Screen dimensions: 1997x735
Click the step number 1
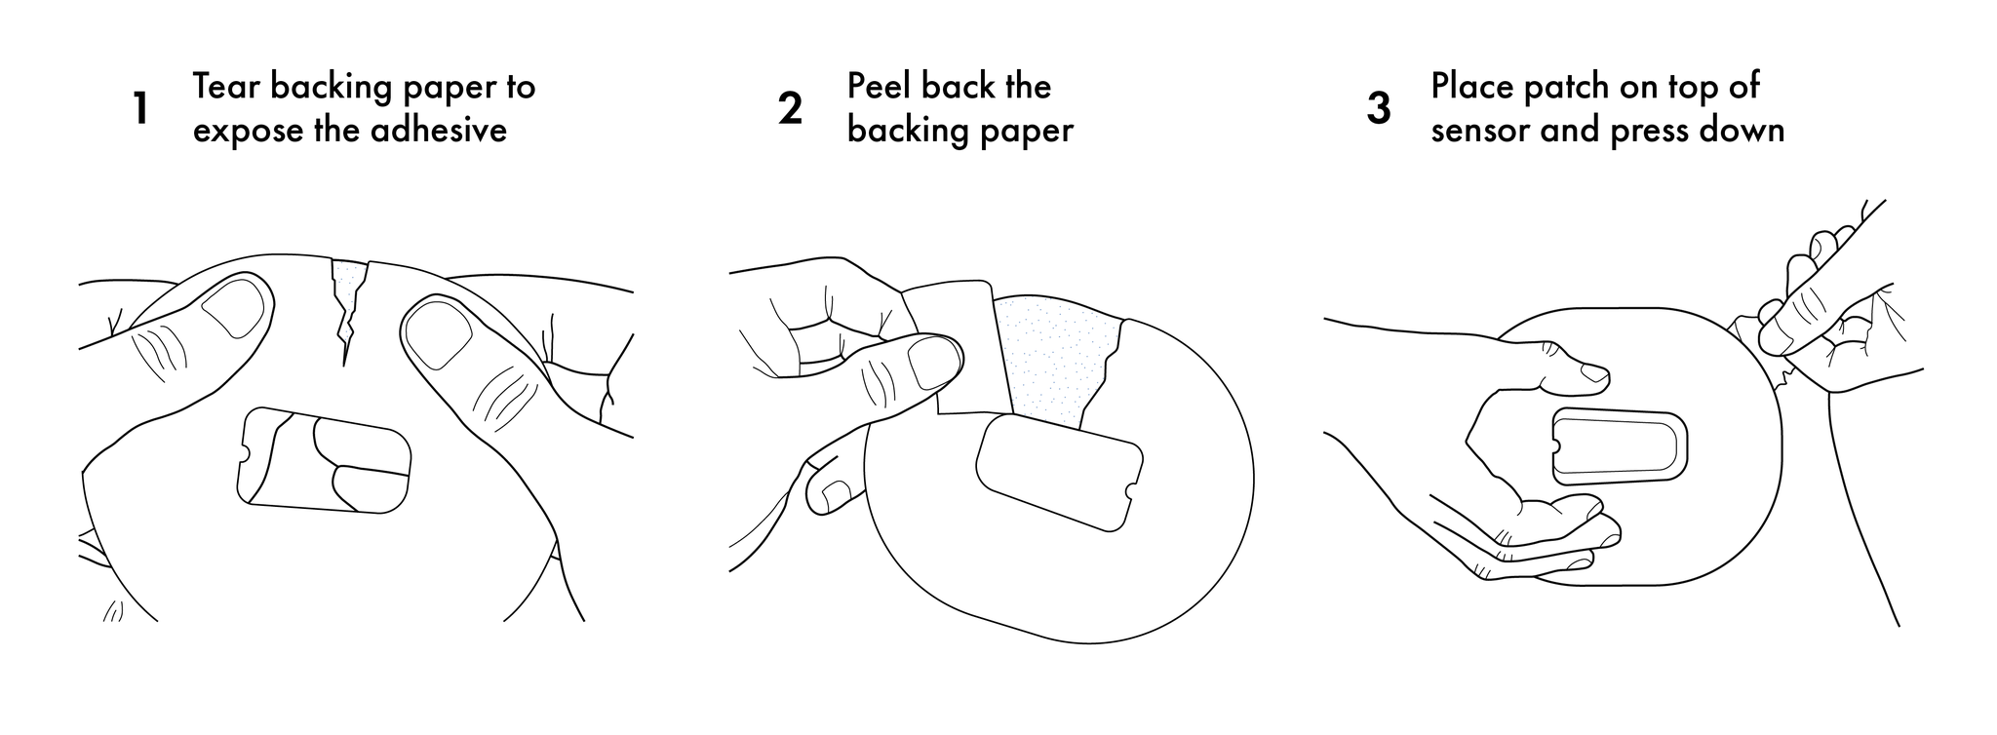141,108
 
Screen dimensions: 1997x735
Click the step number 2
790,108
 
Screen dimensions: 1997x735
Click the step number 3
1379,108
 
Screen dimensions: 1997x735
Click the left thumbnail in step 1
234,305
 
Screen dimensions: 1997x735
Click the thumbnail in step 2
932,362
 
